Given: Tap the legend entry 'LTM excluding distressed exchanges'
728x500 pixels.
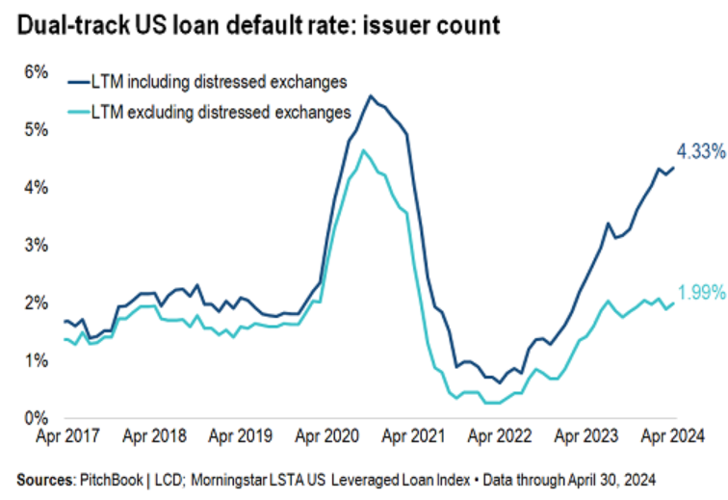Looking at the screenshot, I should (221, 113).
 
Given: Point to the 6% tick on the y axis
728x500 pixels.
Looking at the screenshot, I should (35, 72).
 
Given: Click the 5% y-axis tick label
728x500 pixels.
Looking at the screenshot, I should (35, 130).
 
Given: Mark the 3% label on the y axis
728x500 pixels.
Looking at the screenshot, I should (35, 246).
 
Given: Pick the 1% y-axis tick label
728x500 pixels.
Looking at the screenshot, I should (35, 361).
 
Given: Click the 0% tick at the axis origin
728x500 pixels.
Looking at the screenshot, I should (35, 419).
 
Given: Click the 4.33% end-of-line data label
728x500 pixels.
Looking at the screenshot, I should (701, 151).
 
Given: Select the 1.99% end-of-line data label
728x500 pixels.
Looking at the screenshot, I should (701, 293).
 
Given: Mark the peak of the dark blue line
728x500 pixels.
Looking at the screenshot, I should (372, 95).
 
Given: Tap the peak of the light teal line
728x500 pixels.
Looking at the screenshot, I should (363, 150).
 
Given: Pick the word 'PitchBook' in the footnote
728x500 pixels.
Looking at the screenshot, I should (113, 480).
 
